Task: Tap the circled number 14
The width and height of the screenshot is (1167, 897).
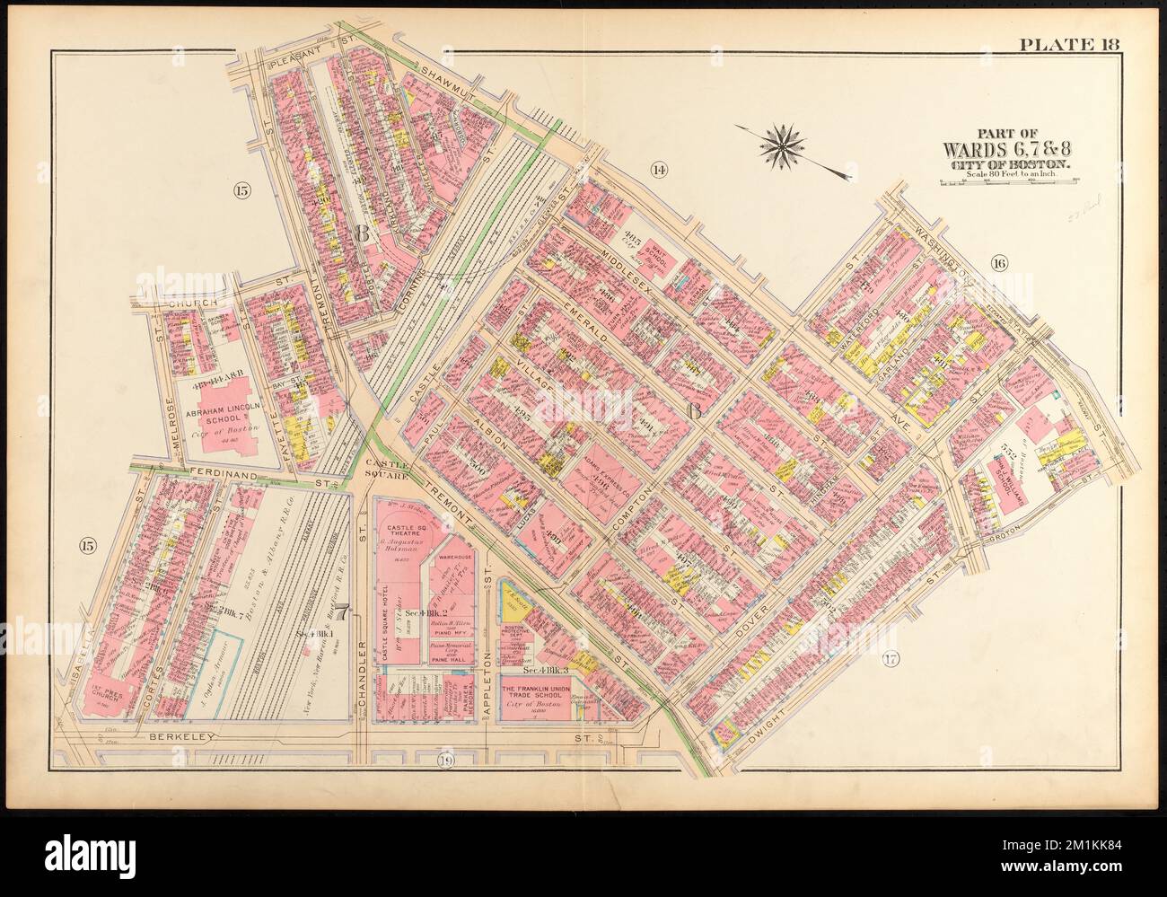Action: (x=660, y=170)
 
